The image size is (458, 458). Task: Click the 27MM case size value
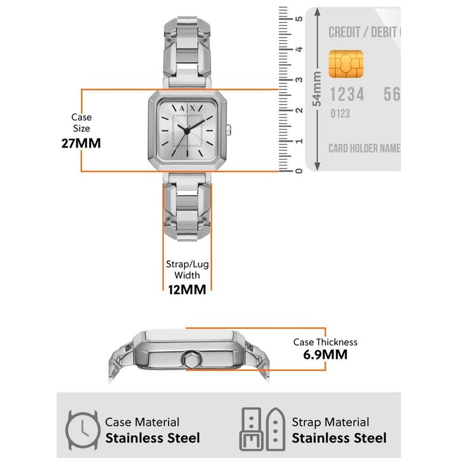[x=81, y=142]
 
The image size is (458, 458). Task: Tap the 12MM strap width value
[x=186, y=289]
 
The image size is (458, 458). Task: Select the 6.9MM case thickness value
[x=325, y=355]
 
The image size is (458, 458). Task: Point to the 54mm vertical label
[x=317, y=89]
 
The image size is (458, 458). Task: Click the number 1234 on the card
[x=347, y=95]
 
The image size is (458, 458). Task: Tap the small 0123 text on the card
[x=340, y=114]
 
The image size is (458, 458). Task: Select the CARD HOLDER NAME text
[x=364, y=148]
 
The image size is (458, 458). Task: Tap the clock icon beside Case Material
[x=81, y=430]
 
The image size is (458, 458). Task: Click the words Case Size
[x=81, y=123]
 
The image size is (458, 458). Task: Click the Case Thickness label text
[x=325, y=342]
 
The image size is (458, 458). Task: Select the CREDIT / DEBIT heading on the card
[x=363, y=32]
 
